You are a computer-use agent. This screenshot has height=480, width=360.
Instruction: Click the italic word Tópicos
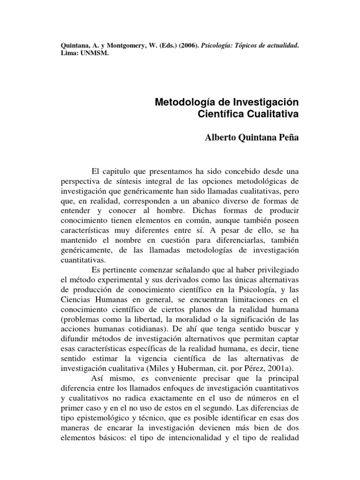point(247,46)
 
